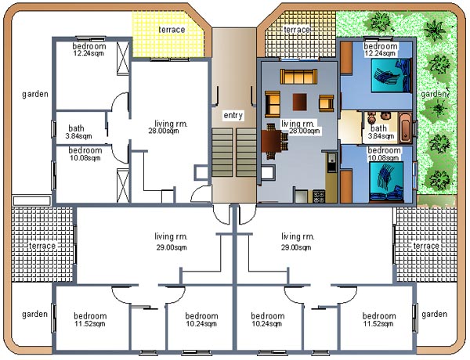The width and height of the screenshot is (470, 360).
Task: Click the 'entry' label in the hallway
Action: coord(233,115)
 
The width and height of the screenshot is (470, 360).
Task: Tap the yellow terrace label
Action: coord(172,30)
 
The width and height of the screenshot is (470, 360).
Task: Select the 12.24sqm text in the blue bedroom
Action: coord(380,53)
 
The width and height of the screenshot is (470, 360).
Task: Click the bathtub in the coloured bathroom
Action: coord(405,127)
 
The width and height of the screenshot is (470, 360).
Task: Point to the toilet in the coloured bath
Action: coord(372,118)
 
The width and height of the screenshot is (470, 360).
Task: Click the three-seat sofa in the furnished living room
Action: coord(298,77)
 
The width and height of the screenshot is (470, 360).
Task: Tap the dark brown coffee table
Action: coord(299,102)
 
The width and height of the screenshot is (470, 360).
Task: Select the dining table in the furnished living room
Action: coord(271,141)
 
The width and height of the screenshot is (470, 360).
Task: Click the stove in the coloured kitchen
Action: coord(319,196)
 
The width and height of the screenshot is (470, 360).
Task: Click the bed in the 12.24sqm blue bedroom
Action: coord(391,75)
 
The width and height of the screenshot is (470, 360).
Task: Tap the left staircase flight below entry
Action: coord(222,152)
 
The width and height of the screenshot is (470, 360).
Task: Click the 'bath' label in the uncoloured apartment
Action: coord(76,128)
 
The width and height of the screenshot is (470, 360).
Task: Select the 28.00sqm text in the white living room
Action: coord(164,131)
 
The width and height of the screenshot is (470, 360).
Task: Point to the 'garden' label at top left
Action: coord(35,95)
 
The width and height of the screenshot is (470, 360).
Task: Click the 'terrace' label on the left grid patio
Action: coord(42,246)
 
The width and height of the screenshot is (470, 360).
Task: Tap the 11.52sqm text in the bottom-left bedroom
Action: coord(90,323)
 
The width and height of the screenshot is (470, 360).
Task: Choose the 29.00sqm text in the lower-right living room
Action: coord(296,247)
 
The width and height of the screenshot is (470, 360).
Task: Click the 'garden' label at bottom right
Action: coord(434,314)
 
